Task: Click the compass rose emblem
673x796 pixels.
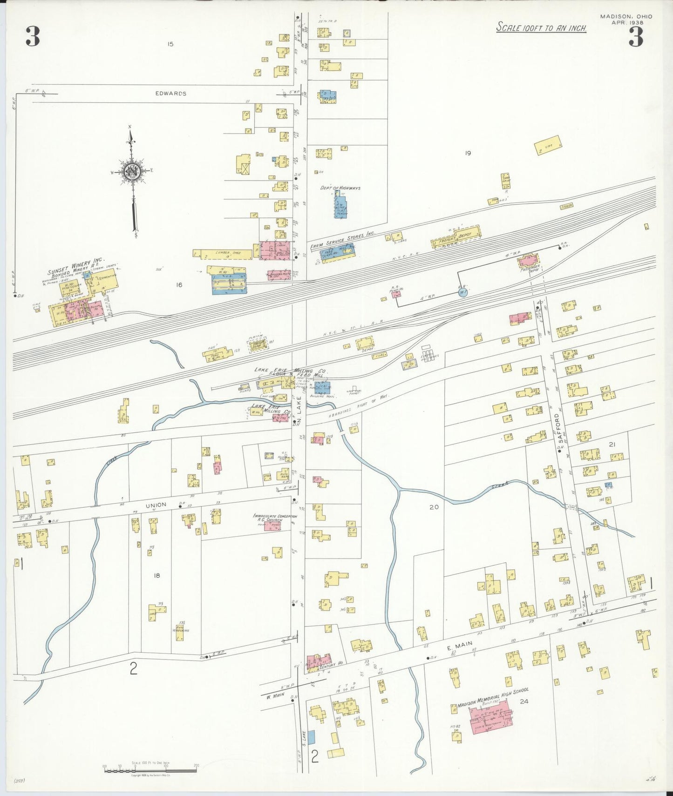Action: [x=133, y=171]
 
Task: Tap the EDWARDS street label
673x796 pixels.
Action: [x=171, y=94]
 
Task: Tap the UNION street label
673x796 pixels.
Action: [x=156, y=505]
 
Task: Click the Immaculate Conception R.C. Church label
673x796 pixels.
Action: [x=274, y=518]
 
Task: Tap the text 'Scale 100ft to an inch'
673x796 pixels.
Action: [x=541, y=27]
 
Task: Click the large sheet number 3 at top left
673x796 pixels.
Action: [x=33, y=37]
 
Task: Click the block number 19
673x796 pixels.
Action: [x=468, y=153]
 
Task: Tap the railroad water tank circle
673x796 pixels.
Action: [x=462, y=293]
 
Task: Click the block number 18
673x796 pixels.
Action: [x=157, y=575]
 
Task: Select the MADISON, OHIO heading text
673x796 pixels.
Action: [x=626, y=17]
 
